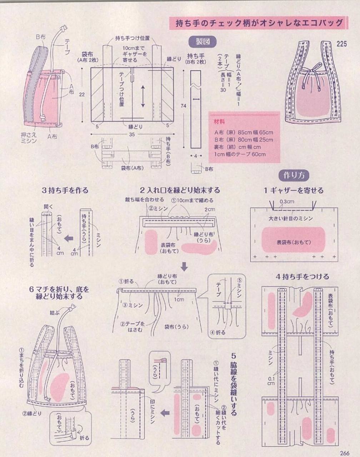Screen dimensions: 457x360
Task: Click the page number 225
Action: pos(341,44)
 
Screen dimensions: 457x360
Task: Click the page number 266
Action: pos(344,453)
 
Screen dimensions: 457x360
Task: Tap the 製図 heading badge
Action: pos(202,41)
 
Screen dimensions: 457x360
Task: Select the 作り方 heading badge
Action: pos(294,175)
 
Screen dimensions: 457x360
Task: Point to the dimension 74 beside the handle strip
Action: pos(183,106)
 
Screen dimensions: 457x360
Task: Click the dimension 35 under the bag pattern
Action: pos(132,135)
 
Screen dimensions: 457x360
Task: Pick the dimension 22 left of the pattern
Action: pos(82,94)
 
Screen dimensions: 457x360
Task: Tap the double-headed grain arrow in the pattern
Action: pos(143,96)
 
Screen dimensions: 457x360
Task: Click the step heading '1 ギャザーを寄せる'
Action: pos(294,190)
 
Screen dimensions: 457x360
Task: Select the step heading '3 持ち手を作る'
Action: pos(65,190)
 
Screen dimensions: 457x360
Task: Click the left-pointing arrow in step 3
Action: pos(68,238)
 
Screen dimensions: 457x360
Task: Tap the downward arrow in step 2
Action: pos(184,266)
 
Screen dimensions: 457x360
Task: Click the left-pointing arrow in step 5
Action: pos(165,413)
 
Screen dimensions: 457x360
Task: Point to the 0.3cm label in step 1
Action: pos(287,202)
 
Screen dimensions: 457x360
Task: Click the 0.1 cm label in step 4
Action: pos(271,381)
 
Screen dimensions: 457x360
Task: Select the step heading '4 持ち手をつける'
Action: pos(302,276)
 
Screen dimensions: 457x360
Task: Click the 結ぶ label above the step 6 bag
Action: pos(54,313)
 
